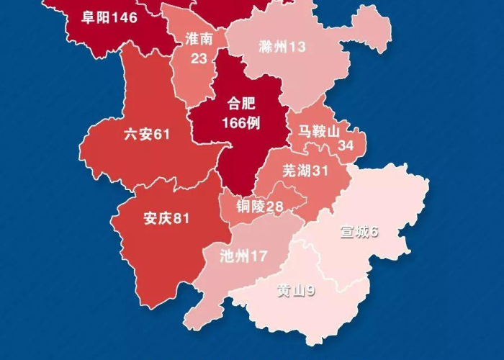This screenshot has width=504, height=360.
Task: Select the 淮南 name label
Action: (199, 40)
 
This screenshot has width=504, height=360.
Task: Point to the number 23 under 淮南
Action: (199, 58)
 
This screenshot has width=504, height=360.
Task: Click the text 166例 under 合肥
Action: (240, 123)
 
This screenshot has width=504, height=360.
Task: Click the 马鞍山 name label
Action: (318, 131)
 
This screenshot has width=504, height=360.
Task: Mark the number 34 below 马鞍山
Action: (346, 146)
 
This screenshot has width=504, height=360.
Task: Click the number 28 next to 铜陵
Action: (275, 207)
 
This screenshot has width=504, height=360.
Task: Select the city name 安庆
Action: (158, 217)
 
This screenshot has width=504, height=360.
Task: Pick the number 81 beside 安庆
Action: (181, 217)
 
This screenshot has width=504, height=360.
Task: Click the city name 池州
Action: (235, 256)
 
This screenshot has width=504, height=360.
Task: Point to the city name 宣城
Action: (355, 232)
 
